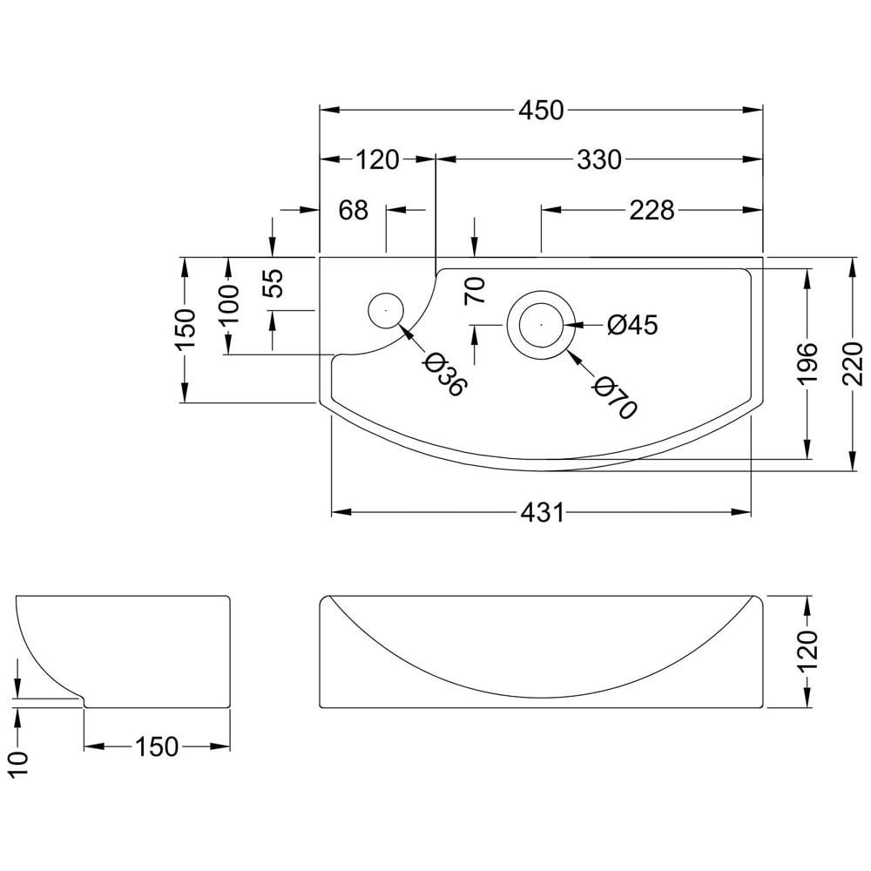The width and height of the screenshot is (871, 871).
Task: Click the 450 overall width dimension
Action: (541, 110)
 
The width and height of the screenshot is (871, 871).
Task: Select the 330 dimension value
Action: (599, 160)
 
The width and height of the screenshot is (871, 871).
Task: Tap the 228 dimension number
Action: (652, 210)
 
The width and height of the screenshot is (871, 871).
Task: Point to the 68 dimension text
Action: (354, 210)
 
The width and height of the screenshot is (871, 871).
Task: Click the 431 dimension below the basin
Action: (542, 512)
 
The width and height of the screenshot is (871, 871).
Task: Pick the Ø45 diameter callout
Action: (632, 325)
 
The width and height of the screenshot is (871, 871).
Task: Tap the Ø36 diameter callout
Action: (444, 375)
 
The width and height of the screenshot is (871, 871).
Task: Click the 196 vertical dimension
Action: (807, 363)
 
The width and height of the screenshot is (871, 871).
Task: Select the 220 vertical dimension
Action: (852, 363)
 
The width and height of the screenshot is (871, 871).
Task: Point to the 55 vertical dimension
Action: (273, 283)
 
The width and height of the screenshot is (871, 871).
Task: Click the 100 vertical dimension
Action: (228, 305)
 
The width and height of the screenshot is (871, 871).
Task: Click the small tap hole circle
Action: (386, 310)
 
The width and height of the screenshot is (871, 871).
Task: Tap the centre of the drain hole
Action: (542, 324)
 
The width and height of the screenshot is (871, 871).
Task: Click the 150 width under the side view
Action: (157, 746)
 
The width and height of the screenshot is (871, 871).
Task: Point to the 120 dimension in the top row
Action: (377, 160)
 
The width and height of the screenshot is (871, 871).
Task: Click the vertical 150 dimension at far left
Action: (186, 329)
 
